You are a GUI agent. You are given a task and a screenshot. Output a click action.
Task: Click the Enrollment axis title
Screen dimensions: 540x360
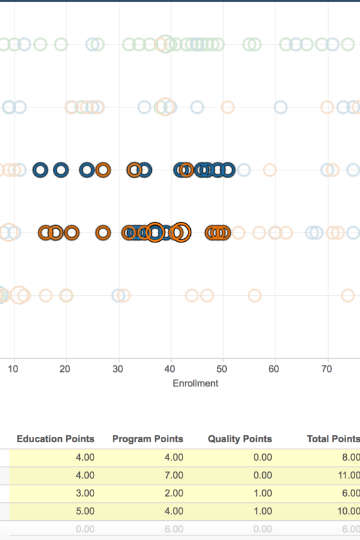196,383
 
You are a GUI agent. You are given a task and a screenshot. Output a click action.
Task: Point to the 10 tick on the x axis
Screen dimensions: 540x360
13,369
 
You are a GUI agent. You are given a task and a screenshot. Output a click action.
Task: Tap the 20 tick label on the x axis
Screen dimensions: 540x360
65,369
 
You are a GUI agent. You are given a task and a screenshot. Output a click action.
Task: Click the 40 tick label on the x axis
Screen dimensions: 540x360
170,369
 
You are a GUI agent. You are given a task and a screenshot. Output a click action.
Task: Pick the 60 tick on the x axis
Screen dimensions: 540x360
274,369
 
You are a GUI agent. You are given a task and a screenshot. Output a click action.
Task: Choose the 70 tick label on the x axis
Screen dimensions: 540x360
326,369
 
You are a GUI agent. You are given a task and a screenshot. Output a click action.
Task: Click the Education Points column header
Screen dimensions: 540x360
55,439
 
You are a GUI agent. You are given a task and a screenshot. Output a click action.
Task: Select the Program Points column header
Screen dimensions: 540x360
148,439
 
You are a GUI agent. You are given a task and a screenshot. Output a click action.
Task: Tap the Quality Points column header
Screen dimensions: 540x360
240,439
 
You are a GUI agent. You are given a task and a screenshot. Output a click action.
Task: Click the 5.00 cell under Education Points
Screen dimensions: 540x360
85,511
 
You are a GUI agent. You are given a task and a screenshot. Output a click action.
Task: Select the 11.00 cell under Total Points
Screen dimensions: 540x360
347,475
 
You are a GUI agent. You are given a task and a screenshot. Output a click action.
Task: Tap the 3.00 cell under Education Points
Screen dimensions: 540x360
85,493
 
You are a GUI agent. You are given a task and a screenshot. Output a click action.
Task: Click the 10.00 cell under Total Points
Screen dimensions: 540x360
347,511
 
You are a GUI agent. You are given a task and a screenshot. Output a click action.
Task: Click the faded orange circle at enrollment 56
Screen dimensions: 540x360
255,295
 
